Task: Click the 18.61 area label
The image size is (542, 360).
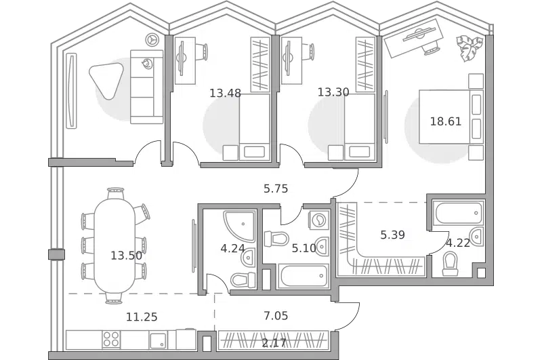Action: coord(446,121)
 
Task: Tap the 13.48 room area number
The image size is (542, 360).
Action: coord(225,93)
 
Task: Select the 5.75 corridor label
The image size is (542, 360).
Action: coord(276,188)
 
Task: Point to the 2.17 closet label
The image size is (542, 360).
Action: coord(274,343)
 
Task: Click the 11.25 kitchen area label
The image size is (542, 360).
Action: coord(142,317)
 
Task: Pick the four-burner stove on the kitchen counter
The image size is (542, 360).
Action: coord(111,339)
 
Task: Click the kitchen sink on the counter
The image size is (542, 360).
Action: coord(159,340)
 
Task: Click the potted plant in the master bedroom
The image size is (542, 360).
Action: coord(469,47)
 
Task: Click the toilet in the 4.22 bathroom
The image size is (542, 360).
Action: coord(451,264)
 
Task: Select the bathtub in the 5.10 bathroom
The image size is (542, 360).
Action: coord(302,276)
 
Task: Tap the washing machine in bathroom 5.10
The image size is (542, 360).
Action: coord(318,220)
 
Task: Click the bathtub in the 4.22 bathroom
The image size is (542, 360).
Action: coord(459,213)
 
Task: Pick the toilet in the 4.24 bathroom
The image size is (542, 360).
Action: coord(243,279)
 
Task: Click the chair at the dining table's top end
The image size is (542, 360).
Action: coord(115,193)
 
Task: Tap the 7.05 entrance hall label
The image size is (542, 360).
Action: coord(276,315)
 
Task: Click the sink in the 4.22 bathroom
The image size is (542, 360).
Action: coord(477,237)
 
